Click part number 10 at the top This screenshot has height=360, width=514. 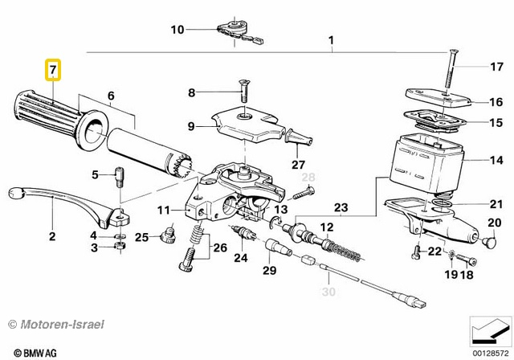tap(177, 30)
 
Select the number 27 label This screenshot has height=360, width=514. tap(298, 165)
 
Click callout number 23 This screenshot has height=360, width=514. tap(341, 207)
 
